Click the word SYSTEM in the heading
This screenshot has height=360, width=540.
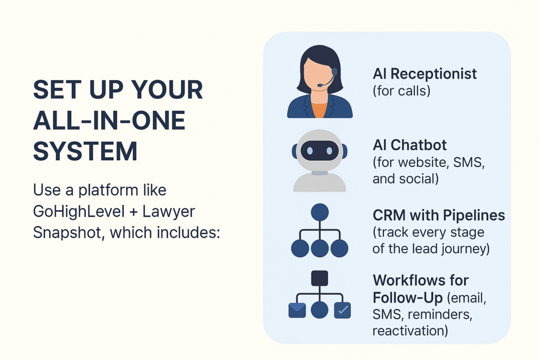85,151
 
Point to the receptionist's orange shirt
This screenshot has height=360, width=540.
320,110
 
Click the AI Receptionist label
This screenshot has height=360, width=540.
425,74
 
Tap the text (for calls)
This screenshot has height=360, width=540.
401,91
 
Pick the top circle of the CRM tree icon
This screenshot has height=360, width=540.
320,212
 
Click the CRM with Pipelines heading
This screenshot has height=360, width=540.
439,216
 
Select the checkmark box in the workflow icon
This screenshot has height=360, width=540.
343,310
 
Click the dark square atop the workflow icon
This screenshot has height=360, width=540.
320,278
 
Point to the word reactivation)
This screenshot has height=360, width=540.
410,331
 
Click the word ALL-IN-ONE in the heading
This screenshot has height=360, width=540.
109,121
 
